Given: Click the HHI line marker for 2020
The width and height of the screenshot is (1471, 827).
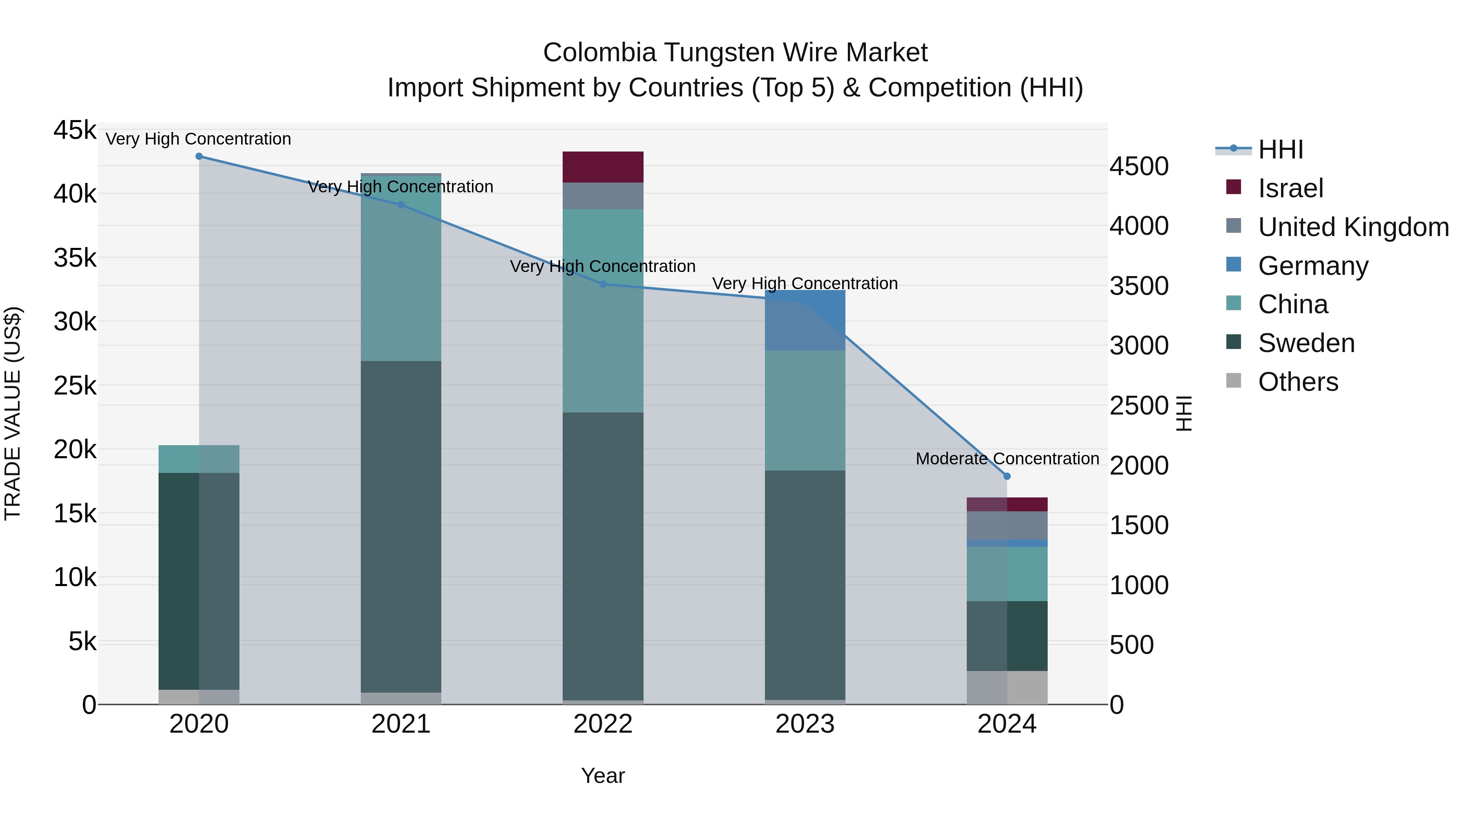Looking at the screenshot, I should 199,156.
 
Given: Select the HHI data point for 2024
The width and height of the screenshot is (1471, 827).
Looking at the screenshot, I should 1007,476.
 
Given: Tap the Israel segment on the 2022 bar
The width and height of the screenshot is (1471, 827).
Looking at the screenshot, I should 603,167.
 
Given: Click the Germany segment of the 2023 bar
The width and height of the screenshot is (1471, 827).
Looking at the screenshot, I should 805,320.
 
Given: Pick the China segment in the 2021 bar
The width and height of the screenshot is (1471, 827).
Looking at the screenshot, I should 401,268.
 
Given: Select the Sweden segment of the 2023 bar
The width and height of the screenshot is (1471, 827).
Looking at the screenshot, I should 805,585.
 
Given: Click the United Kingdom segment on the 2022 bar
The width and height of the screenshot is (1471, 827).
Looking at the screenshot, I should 603,196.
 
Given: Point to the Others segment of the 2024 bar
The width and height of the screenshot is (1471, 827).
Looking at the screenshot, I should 1007,688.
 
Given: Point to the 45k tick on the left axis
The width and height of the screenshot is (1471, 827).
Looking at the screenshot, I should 75,130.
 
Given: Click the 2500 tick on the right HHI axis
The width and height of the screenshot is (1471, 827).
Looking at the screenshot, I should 1139,406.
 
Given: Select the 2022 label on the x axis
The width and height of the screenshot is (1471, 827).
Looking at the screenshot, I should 603,724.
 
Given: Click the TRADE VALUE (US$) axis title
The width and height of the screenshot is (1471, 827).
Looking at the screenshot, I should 13,413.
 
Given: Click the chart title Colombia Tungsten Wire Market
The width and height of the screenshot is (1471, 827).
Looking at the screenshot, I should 735,53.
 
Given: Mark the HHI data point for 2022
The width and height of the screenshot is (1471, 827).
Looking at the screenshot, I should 603,284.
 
